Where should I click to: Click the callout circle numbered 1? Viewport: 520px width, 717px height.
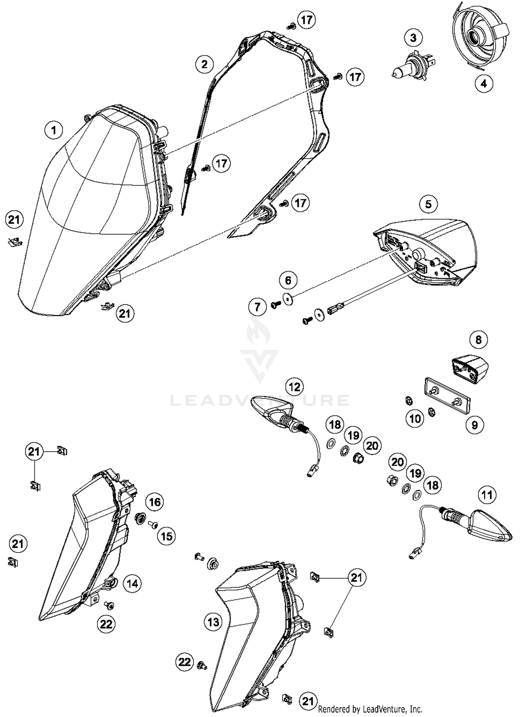53,130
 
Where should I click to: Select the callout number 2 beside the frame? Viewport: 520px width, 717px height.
204,64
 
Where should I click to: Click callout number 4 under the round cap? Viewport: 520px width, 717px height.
484,84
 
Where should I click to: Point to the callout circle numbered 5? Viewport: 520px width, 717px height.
428,204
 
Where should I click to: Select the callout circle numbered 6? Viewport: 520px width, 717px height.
288,280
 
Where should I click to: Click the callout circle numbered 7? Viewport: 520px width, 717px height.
257,307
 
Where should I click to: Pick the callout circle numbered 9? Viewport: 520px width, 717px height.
474,425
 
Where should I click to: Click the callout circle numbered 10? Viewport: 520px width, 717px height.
415,419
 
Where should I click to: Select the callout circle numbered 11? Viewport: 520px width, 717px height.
487,495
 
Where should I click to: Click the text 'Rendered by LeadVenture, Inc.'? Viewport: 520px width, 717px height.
370,709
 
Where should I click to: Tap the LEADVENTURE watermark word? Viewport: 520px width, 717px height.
260,400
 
